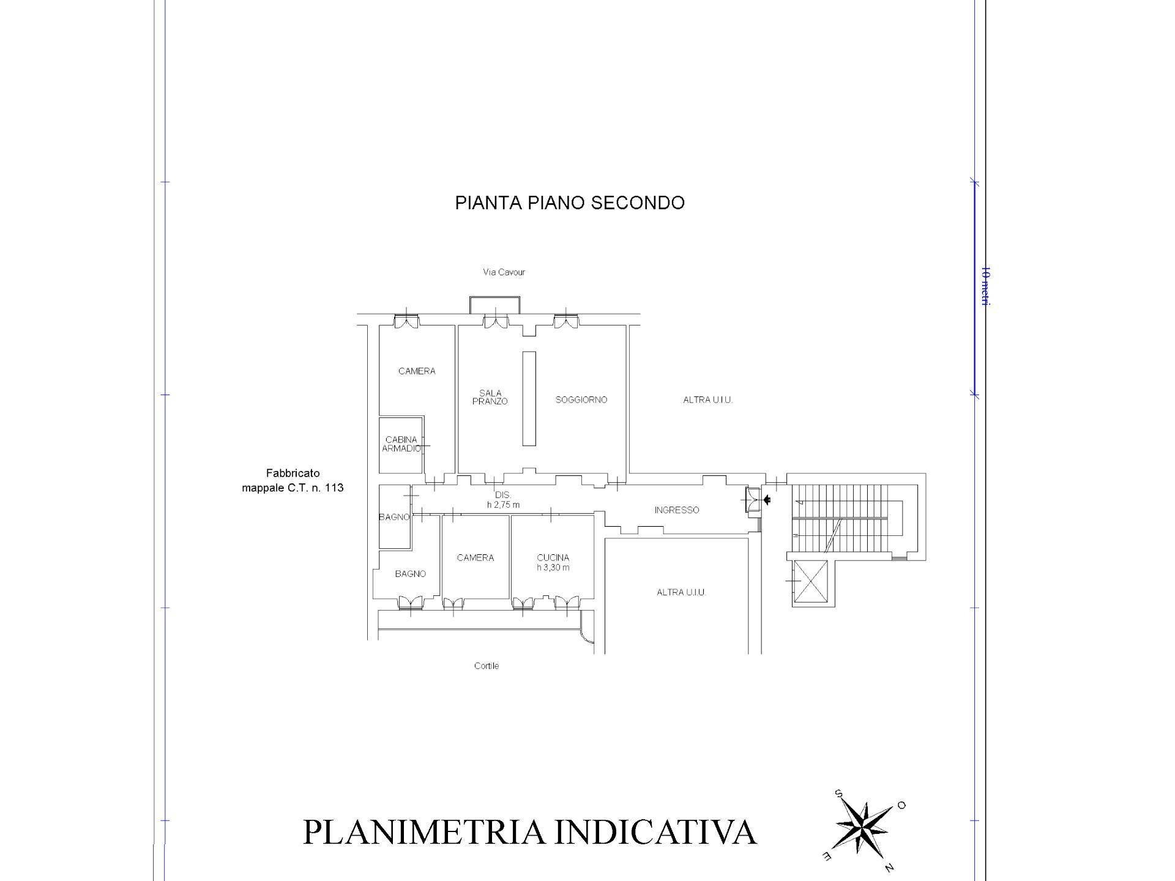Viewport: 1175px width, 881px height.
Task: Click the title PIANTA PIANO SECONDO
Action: tap(569, 203)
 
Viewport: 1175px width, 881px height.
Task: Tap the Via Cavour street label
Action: tap(504, 272)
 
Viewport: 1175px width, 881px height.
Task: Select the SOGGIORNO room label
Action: tap(581, 400)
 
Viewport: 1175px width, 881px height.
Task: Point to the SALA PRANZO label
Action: tap(490, 397)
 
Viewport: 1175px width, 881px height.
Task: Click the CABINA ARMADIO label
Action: tap(401, 444)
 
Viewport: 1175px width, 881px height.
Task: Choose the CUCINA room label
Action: tap(553, 557)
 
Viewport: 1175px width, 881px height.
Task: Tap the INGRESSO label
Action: tap(676, 510)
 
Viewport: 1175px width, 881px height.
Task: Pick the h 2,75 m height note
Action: tap(503, 505)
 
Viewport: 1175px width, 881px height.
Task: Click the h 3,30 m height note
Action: tap(553, 567)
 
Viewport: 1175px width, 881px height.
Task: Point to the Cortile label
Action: tap(487, 666)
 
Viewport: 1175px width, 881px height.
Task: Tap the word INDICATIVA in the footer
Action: tap(655, 833)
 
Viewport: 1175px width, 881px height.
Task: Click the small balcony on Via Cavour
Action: tap(494, 305)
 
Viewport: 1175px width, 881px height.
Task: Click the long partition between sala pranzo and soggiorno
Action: tap(529, 398)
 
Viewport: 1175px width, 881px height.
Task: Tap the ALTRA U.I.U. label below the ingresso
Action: tap(681, 592)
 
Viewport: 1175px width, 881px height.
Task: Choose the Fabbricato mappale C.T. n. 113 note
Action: tap(293, 480)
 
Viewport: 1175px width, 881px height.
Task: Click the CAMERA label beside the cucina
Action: tap(475, 557)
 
